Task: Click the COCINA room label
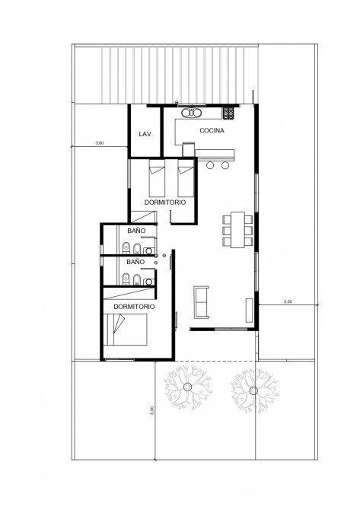coord(212,130)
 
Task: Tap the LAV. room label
coord(145,134)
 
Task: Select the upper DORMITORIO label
coord(165,202)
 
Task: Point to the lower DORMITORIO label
coord(134,307)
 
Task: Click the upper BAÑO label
coord(136,231)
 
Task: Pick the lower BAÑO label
coord(135,262)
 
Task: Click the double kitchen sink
coord(192,113)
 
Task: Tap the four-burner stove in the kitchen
coord(228,113)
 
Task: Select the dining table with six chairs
coord(237,230)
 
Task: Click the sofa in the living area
coord(201,302)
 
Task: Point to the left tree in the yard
coord(188,387)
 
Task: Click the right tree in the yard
coord(254,390)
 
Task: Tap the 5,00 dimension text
coord(151,410)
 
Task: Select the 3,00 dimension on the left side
coord(100,143)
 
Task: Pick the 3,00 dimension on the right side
coord(288,301)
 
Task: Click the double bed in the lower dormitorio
coord(126,330)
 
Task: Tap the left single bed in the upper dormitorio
coord(157,178)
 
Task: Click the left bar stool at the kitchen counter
coord(210,165)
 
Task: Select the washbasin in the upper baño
coord(149,250)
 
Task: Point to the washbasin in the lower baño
coord(149,282)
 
